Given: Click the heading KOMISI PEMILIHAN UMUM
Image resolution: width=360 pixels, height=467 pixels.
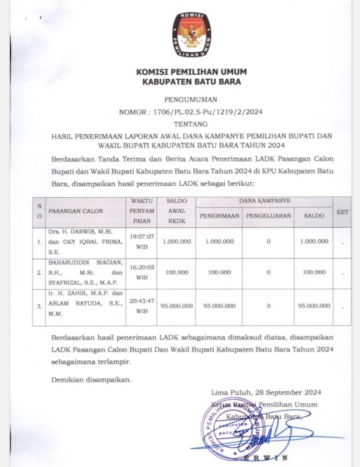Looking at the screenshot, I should pyautogui.click(x=191, y=71).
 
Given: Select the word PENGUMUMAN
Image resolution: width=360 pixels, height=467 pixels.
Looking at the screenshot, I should pyautogui.click(x=191, y=99).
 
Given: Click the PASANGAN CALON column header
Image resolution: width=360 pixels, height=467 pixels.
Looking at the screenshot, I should pyautogui.click(x=76, y=211).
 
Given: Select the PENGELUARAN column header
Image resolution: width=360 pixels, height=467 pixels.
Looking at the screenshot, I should pyautogui.click(x=268, y=216).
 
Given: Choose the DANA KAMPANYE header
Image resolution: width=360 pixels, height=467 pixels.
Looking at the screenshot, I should pyautogui.click(x=264, y=200).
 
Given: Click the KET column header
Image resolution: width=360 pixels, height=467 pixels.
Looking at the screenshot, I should pyautogui.click(x=342, y=212).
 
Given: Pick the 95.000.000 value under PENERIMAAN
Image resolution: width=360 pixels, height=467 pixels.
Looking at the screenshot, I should pyautogui.click(x=219, y=306).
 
